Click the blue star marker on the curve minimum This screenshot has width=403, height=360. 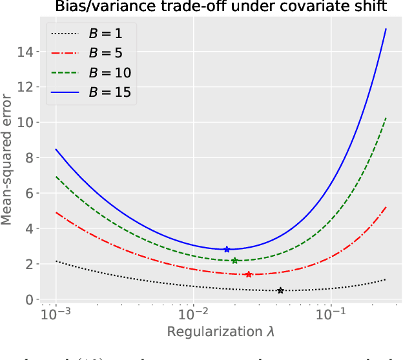(x=227, y=249)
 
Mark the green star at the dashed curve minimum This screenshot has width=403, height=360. (x=235, y=261)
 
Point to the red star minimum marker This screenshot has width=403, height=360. (x=249, y=274)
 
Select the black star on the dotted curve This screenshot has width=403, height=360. (x=280, y=290)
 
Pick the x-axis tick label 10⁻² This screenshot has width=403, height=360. (x=193, y=315)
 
